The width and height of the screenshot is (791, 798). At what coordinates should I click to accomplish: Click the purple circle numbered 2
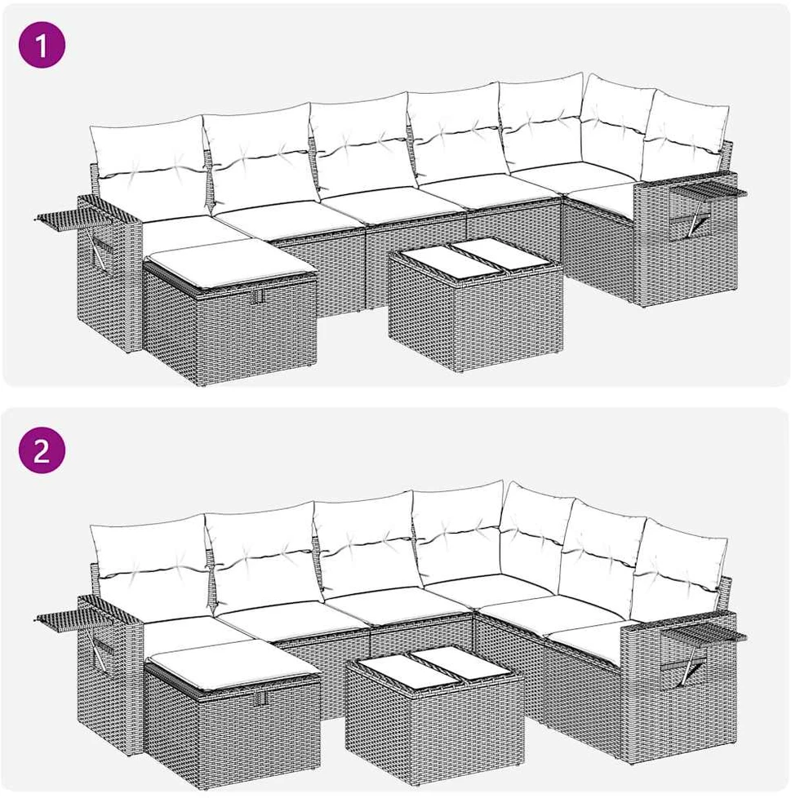click(x=42, y=450)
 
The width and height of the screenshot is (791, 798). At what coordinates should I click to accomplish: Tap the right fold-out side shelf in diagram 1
click(x=708, y=192)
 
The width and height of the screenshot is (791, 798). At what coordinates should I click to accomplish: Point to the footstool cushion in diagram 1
click(x=230, y=266)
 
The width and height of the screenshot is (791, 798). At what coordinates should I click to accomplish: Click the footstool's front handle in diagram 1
click(x=260, y=295)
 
